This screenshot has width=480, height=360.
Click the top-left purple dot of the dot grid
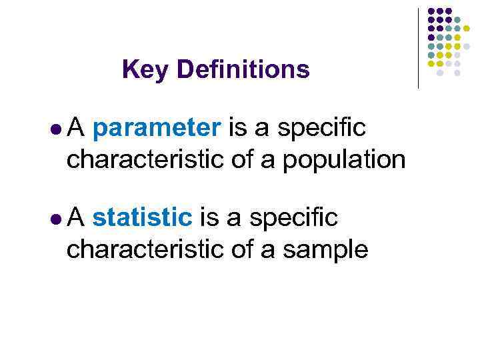(x=431, y=11)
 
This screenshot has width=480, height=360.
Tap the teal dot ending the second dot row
(x=458, y=20)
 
